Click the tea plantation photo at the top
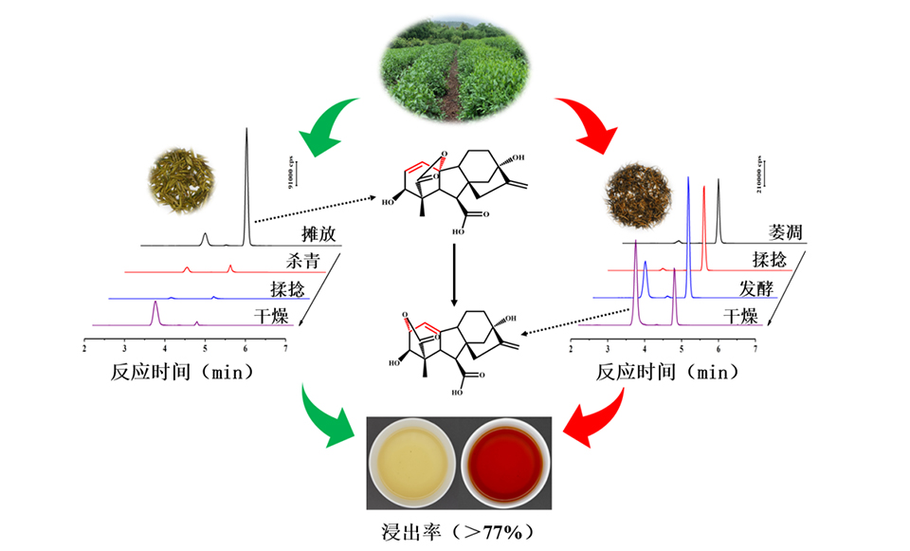point(454,71)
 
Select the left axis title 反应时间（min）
point(181,372)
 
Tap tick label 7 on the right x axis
point(755,350)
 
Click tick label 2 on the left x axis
point(84,350)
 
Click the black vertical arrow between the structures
point(455,275)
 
